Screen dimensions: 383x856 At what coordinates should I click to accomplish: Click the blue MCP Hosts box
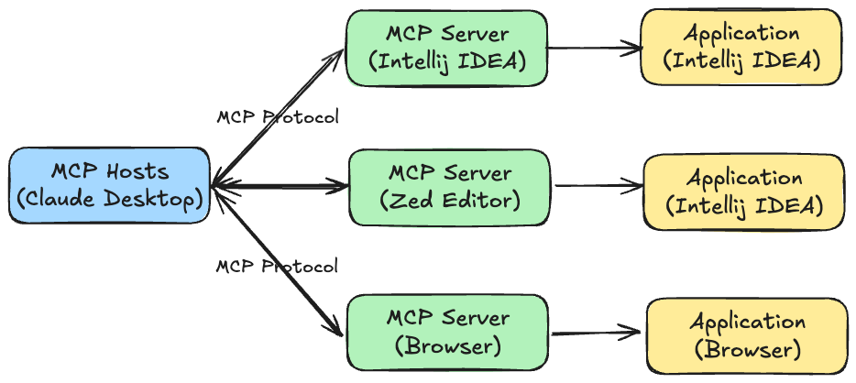[109, 185]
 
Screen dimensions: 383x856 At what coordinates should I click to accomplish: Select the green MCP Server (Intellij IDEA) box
[446, 49]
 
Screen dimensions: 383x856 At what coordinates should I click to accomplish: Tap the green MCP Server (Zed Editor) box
[449, 186]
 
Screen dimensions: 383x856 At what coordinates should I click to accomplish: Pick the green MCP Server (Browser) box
[446, 333]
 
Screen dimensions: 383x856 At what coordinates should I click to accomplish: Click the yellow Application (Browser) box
[747, 335]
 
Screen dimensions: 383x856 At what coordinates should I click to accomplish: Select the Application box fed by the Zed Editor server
[743, 191]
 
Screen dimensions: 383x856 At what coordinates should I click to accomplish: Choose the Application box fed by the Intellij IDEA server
[741, 47]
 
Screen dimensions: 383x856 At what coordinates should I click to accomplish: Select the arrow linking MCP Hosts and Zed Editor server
[280, 186]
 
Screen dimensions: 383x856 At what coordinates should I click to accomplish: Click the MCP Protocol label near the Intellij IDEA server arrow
[278, 117]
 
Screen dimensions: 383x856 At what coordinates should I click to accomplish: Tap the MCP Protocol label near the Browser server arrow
[277, 267]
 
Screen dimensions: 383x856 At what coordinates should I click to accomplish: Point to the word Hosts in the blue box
[137, 171]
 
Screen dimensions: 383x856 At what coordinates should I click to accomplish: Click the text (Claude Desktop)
[109, 199]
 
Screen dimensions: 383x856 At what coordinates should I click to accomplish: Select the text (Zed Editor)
[449, 200]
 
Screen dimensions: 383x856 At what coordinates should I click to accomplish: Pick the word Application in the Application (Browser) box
[747, 322]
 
